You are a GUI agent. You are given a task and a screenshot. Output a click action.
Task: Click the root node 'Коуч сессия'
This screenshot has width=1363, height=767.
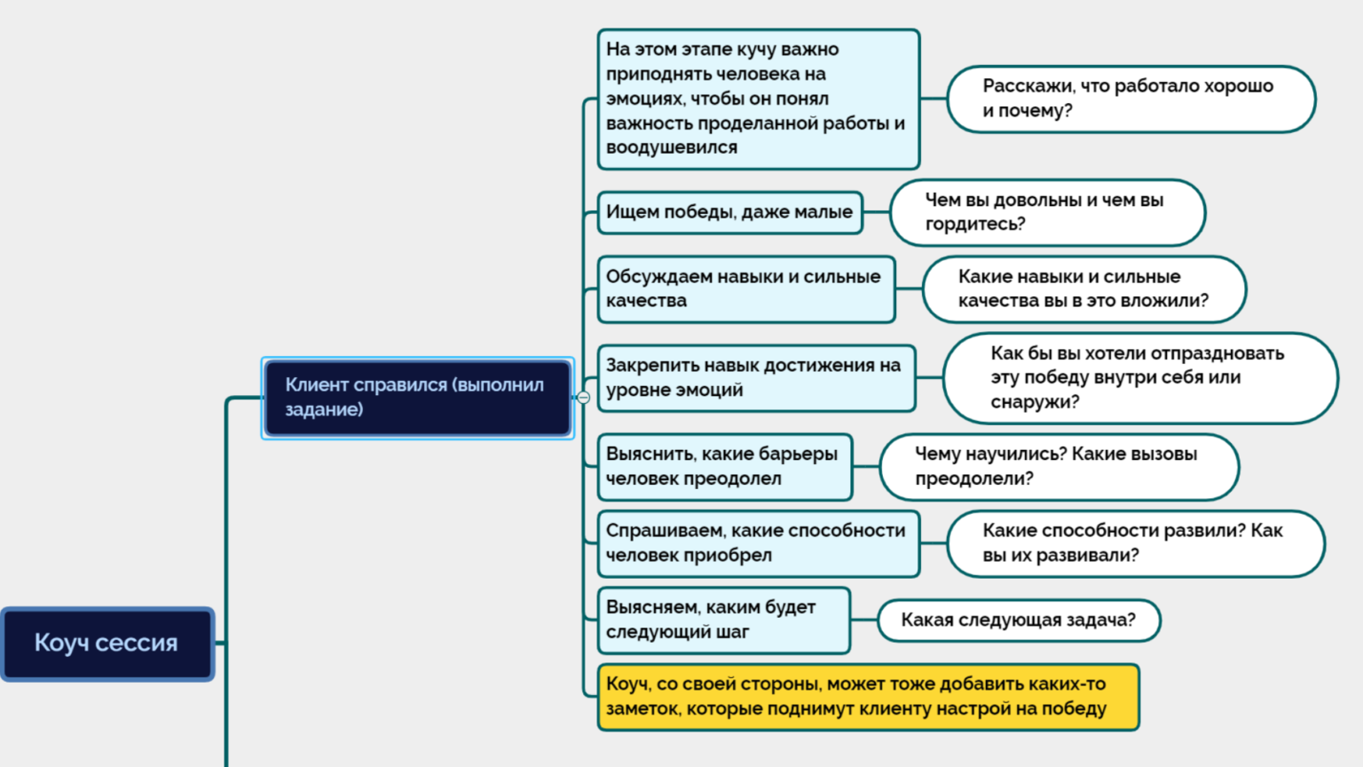pos(107,644)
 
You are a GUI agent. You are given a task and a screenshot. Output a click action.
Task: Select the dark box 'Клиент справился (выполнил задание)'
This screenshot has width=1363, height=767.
pos(417,398)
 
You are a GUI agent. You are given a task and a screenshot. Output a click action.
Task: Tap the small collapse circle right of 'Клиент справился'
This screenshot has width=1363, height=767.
pos(583,398)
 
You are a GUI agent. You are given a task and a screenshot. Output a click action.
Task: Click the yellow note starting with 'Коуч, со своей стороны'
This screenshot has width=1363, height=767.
pos(868,697)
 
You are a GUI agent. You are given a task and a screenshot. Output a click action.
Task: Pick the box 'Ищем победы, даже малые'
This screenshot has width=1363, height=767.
pos(729,212)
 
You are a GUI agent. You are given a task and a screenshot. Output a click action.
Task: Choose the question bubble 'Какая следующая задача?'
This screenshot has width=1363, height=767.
pos(1018,620)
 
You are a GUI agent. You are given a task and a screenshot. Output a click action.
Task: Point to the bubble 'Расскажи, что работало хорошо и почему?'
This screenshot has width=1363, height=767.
pos(1131,99)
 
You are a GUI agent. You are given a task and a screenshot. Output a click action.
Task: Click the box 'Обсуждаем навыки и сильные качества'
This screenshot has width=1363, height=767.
pos(745,289)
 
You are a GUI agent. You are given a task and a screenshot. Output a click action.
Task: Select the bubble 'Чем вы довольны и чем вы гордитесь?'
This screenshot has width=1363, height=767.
pos(1047,212)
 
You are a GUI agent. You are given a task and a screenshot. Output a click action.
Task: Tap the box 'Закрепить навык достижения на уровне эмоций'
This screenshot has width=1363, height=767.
pos(756,378)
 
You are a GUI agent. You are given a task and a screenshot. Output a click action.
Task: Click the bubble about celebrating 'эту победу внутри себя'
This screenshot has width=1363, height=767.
pos(1139,378)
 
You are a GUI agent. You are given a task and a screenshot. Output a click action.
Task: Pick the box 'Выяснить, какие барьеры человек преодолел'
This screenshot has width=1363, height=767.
pos(724,467)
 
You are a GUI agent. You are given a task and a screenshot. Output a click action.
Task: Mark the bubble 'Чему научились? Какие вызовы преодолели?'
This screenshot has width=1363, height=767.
pos(1059,467)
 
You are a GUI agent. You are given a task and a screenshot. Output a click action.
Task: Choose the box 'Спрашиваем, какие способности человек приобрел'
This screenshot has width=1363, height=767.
pos(758,543)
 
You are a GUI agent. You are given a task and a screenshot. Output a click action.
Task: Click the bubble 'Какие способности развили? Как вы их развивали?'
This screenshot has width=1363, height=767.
pos(1135,543)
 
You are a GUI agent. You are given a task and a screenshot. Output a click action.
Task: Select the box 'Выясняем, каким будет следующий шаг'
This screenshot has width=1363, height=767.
pos(723,620)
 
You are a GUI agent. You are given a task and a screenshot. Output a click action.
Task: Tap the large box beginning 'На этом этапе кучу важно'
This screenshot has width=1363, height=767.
pos(758,99)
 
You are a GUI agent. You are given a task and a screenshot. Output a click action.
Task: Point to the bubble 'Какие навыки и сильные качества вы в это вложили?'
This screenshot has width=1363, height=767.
pos(1083,289)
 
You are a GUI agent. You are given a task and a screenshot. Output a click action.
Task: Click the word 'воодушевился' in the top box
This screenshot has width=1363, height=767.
pos(672,147)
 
